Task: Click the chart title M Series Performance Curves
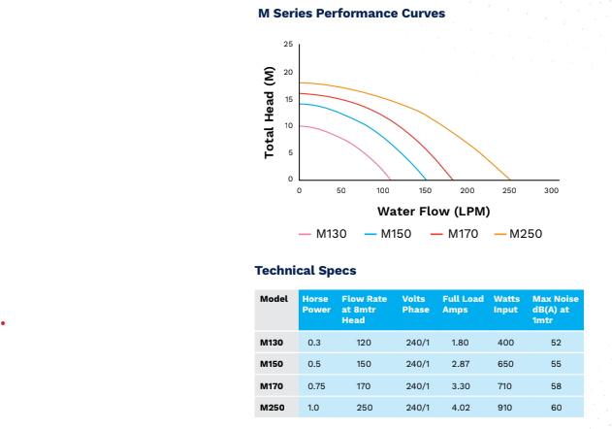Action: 351,14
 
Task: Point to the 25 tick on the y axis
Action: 288,45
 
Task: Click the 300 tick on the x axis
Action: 551,191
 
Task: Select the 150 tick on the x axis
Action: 425,191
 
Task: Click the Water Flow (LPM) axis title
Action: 434,211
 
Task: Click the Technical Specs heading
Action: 305,271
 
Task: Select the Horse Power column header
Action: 316,304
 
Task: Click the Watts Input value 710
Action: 506,386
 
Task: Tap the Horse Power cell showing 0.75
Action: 316,386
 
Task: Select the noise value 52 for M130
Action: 556,343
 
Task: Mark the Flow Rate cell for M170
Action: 364,386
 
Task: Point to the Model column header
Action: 274,299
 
